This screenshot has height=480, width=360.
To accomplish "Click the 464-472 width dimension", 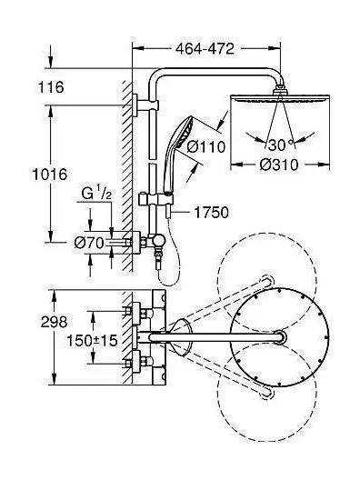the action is click(205, 48).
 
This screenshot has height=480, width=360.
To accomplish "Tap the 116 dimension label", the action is click(51, 87).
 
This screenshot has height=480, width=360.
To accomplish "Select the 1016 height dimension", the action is click(50, 175).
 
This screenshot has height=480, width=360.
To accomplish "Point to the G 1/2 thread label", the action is click(96, 194).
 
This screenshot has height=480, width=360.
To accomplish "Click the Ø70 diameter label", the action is click(89, 243).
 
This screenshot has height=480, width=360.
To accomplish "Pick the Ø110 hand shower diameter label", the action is click(206, 147).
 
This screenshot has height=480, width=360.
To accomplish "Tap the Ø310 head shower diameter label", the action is click(278, 165).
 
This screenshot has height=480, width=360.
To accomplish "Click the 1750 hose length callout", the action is click(212, 213).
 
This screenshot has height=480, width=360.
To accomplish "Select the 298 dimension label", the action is click(54, 322).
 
